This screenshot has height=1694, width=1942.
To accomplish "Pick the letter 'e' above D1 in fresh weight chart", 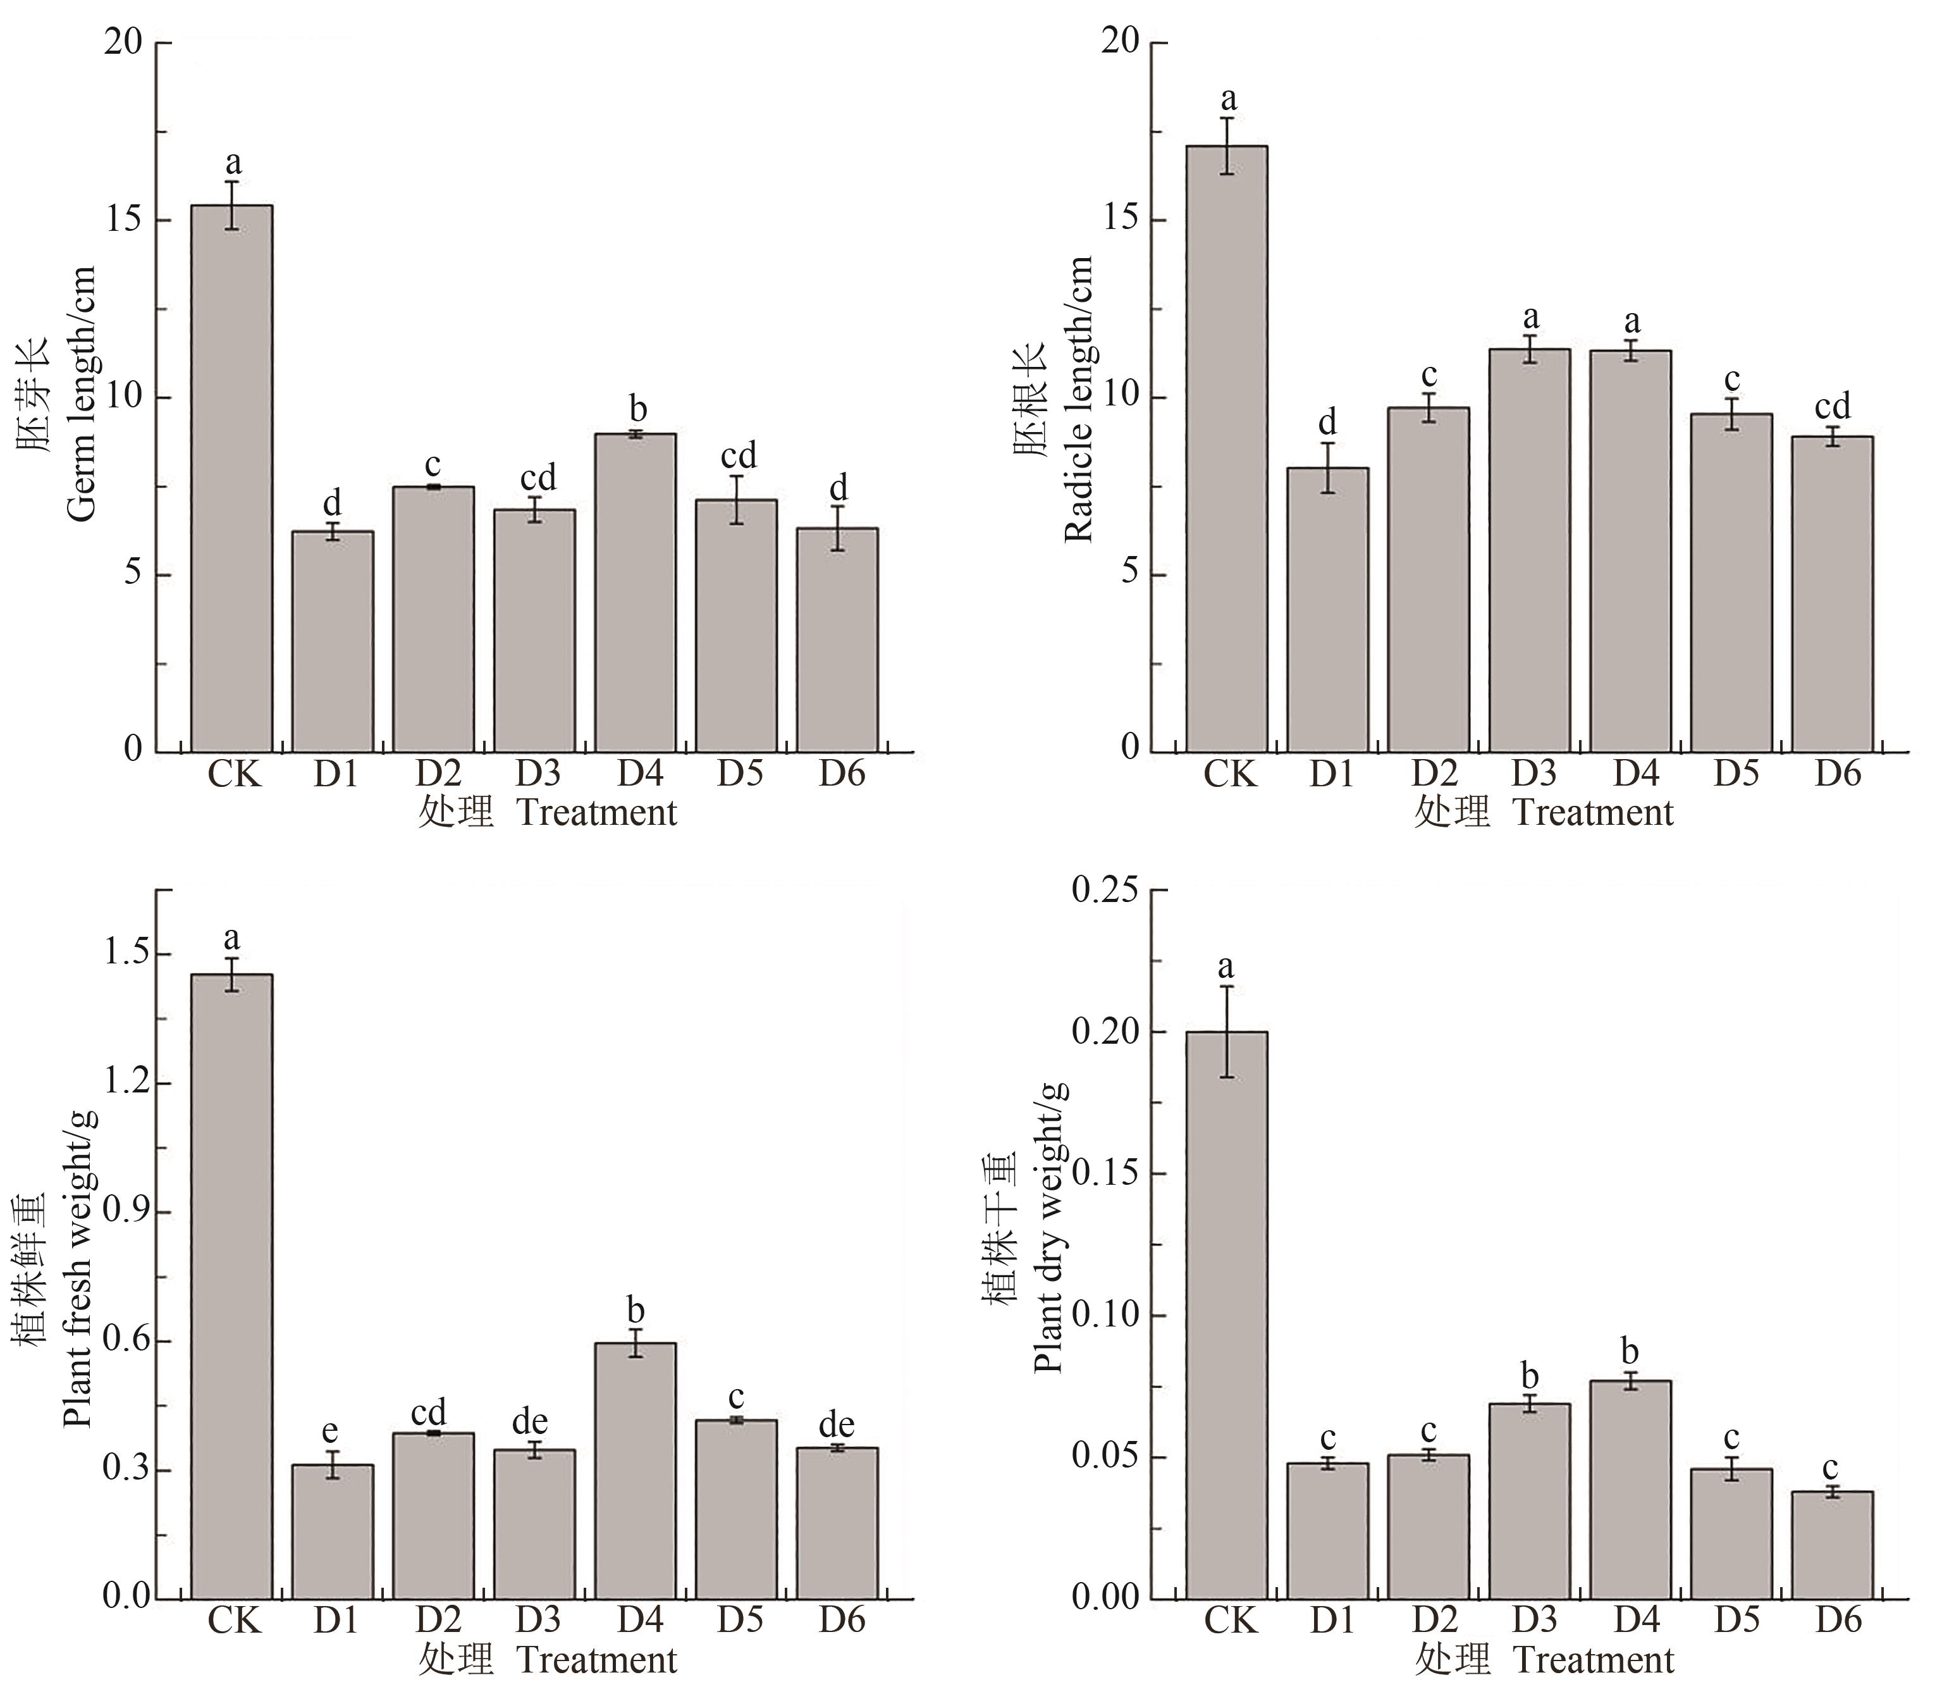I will pos(331,1430).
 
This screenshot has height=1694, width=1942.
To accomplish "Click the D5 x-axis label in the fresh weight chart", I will pos(739,1619).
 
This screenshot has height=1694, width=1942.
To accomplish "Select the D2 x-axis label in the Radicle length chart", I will pos(1434,773).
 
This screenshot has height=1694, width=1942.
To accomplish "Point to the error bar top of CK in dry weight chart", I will pos(1227,987).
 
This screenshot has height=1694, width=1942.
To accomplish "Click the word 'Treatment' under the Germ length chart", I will pos(597,813).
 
